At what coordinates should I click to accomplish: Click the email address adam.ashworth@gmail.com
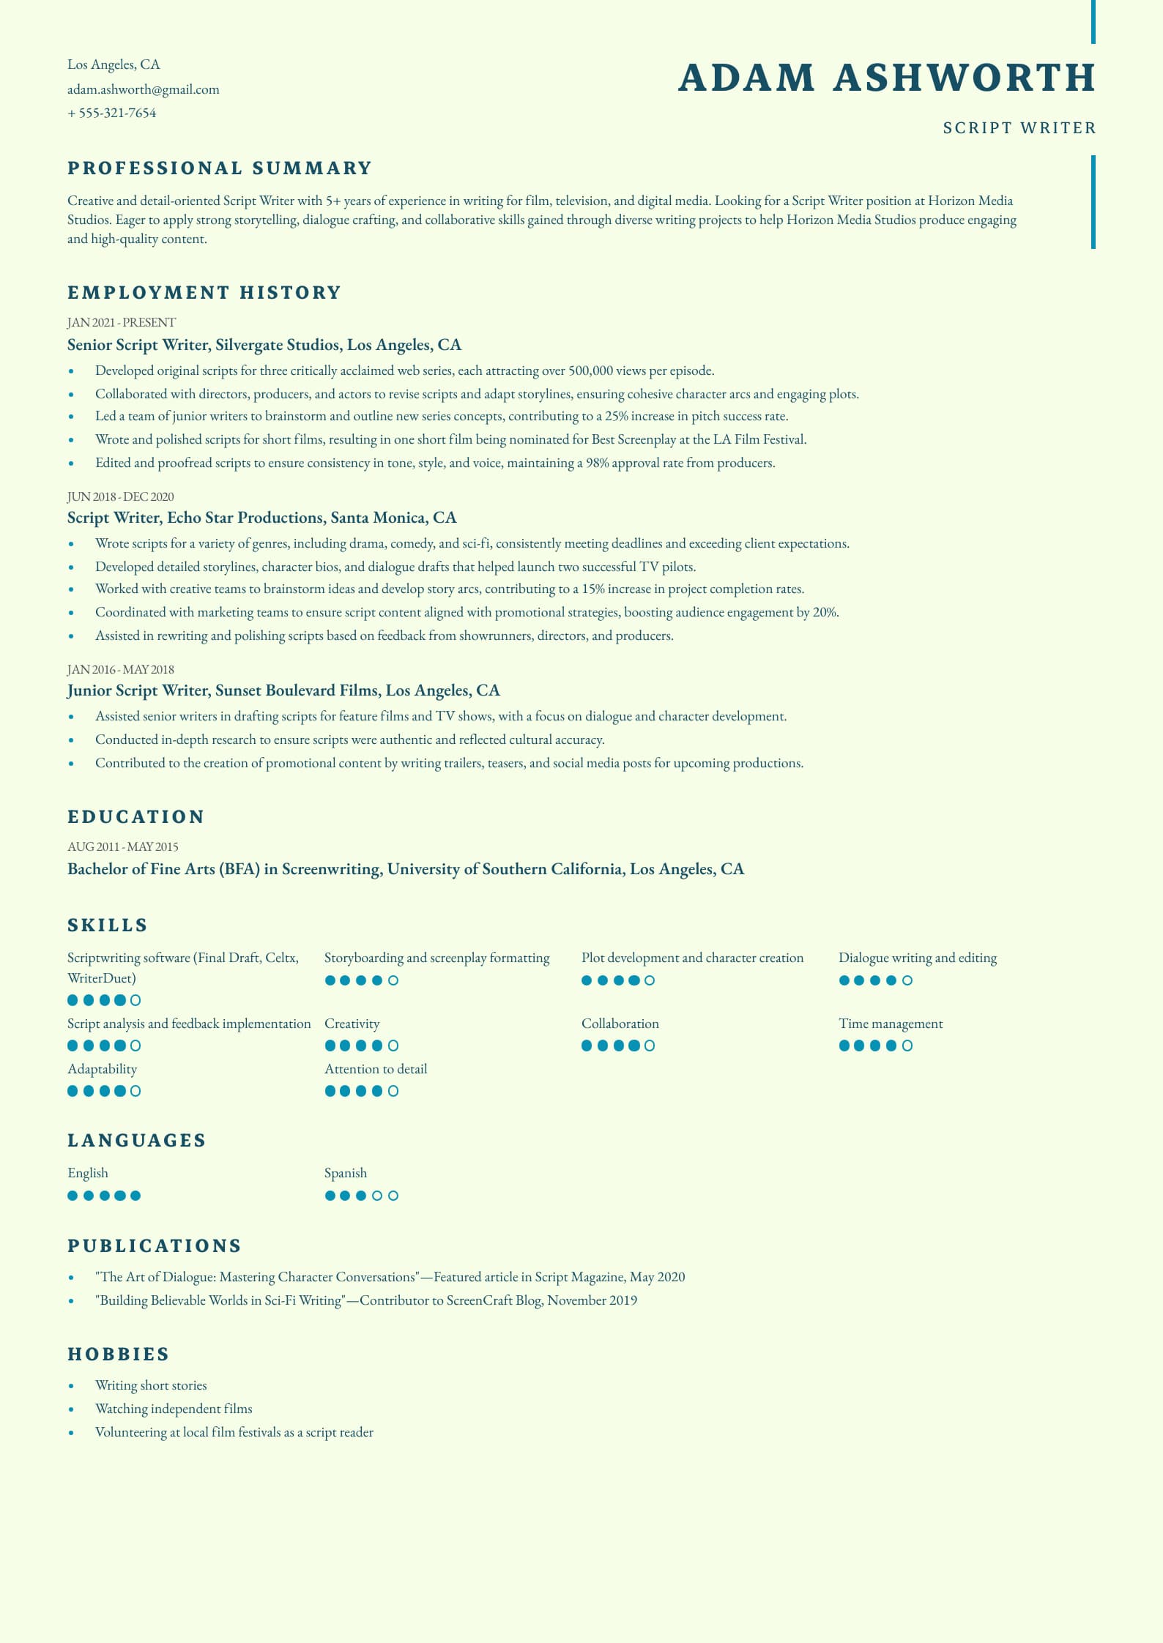coord(143,89)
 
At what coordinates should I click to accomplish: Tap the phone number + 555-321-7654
coord(111,113)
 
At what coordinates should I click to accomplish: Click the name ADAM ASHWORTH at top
coord(886,78)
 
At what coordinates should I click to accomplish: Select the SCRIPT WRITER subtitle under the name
coord(1019,128)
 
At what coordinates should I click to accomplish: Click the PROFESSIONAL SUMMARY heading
coord(220,168)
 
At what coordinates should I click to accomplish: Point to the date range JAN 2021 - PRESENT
coord(122,322)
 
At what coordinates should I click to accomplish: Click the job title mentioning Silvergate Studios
coord(264,345)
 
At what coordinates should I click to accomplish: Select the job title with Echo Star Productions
coord(261,518)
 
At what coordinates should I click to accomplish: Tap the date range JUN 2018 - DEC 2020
coord(121,496)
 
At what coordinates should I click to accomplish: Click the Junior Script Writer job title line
coord(283,690)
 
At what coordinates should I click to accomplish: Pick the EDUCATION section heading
coord(135,817)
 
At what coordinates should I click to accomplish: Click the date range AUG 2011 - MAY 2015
coord(123,846)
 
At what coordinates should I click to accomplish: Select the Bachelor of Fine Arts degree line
coord(405,869)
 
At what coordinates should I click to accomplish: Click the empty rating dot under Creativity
coord(393,1046)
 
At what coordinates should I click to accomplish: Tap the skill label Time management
coord(891,1024)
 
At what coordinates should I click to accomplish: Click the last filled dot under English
coord(135,1196)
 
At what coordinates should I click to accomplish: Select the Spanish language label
coord(346,1173)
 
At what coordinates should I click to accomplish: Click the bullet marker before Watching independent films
coord(71,1409)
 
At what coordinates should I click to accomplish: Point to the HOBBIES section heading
coord(119,1355)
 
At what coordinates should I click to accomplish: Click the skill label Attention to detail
coord(376,1069)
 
